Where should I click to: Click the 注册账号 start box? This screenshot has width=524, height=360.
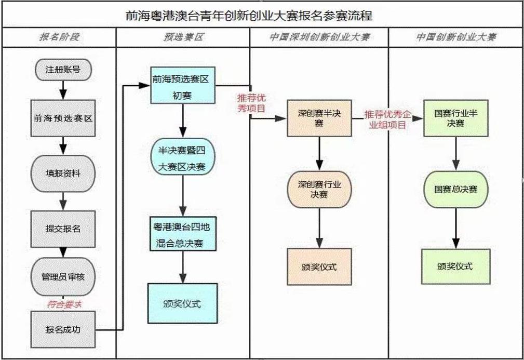[63, 69]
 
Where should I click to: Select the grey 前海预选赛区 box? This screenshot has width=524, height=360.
[63, 118]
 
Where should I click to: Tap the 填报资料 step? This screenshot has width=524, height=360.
[63, 173]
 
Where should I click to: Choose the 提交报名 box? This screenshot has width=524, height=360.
[63, 228]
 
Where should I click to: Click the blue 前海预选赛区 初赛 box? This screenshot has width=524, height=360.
[183, 85]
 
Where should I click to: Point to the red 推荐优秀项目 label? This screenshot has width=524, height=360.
[251, 103]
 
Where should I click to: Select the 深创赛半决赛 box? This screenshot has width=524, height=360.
[319, 118]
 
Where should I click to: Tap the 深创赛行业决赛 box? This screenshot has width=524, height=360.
[319, 189]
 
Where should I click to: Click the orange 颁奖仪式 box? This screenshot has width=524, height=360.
[319, 266]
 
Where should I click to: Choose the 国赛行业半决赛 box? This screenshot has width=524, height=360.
[455, 118]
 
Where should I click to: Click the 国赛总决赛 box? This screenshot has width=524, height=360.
[455, 189]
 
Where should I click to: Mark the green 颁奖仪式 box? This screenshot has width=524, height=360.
[455, 266]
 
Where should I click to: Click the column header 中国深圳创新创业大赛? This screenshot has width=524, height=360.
[319, 37]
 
